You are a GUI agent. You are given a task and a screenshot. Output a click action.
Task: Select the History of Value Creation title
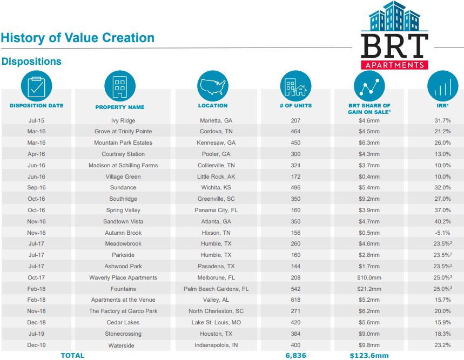point(78,38)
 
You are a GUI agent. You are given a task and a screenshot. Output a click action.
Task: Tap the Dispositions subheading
point(31,62)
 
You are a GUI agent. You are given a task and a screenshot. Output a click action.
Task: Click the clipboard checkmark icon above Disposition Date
point(36,86)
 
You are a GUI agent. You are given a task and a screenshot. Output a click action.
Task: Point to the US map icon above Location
point(213,86)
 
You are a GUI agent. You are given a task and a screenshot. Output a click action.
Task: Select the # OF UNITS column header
point(295,106)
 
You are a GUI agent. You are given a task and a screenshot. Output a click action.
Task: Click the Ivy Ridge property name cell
point(123,120)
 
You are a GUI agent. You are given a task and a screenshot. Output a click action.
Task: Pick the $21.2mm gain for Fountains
point(369,289)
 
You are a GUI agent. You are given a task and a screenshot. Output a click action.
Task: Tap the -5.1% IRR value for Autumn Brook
point(442,233)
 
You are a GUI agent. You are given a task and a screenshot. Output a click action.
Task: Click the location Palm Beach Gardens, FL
point(216,289)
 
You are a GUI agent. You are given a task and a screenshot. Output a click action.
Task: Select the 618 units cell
point(295,300)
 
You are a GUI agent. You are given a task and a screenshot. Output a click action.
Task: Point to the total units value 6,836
point(295,355)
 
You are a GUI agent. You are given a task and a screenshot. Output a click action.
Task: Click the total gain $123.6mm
point(369,355)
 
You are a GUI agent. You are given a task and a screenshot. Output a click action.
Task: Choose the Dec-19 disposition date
point(37,345)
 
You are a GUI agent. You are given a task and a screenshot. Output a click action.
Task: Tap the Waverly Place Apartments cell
point(123,277)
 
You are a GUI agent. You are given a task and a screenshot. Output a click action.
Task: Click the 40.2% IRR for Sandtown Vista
point(442,221)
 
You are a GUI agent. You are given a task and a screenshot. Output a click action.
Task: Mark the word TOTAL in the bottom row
point(72,355)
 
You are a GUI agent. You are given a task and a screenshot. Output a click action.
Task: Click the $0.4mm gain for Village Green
point(369,176)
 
